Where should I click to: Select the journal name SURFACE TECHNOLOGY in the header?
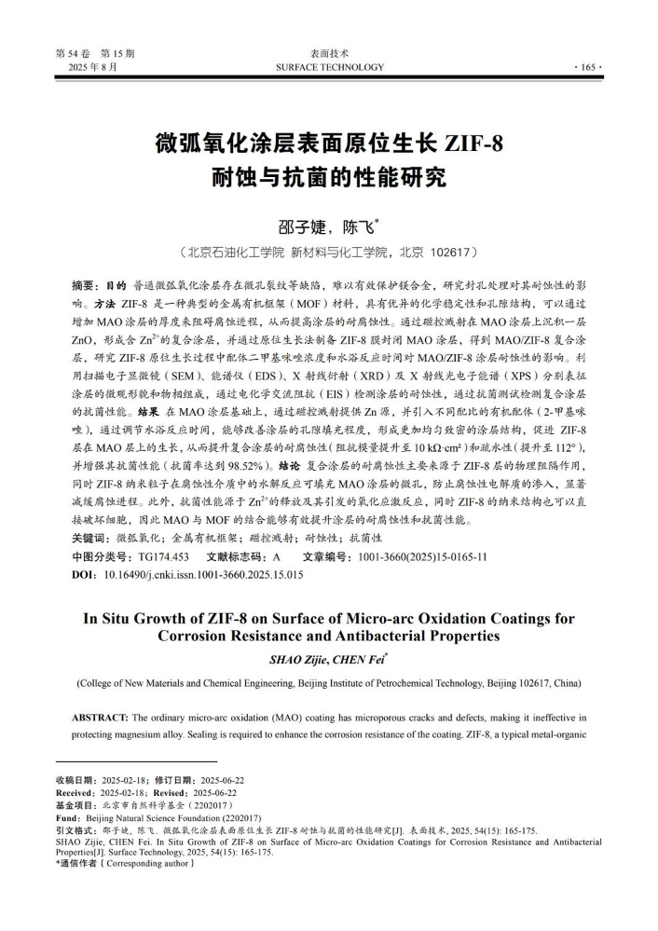(329, 67)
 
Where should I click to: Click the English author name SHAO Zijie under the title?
(294, 659)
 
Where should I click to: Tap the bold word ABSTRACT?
(101, 718)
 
